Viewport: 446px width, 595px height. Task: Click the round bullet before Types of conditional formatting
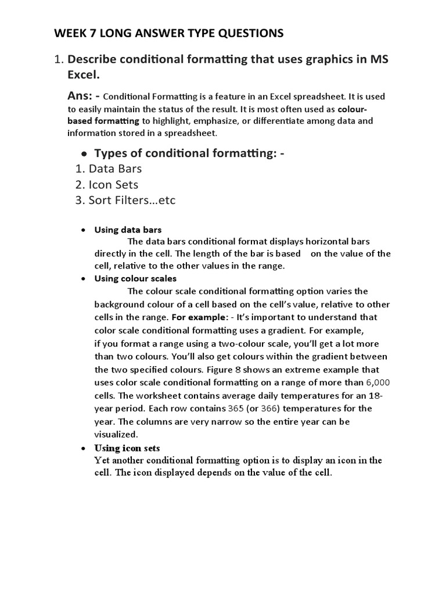[84, 154]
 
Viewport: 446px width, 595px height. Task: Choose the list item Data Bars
[115, 169]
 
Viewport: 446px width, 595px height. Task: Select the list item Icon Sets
[113, 185]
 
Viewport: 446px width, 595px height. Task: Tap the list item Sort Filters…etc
[132, 200]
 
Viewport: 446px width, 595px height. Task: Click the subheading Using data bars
[128, 230]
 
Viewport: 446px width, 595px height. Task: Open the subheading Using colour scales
[135, 279]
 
